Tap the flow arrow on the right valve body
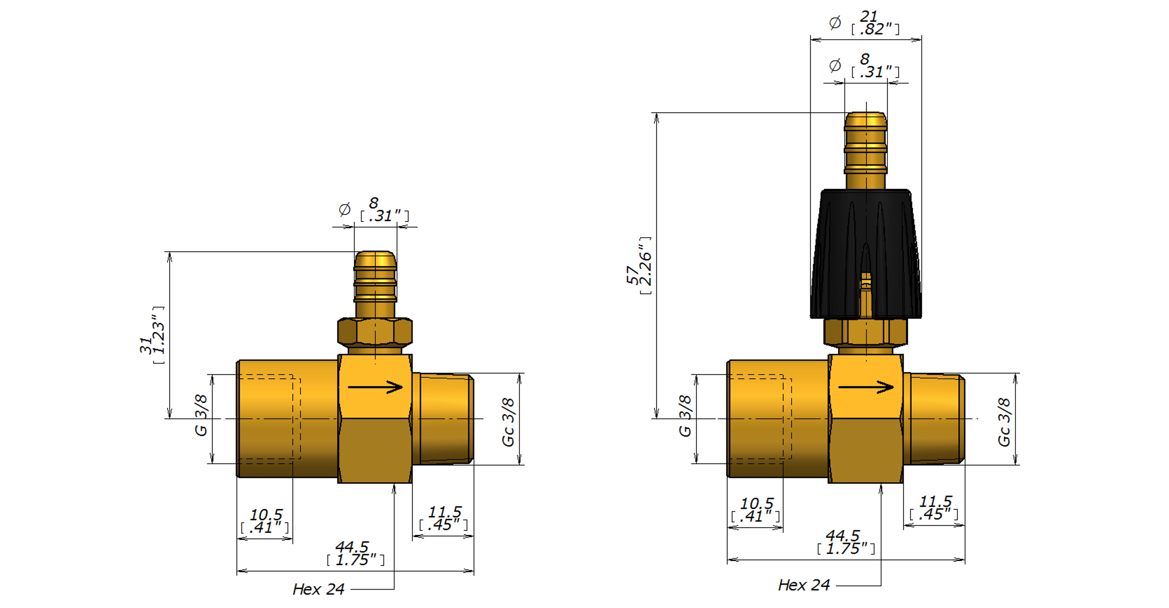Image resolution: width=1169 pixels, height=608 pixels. point(866,387)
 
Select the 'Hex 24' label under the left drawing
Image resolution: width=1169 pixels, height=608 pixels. point(319,589)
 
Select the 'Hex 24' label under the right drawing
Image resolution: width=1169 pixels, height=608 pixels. point(804,585)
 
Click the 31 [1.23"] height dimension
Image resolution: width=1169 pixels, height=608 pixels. point(152,335)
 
